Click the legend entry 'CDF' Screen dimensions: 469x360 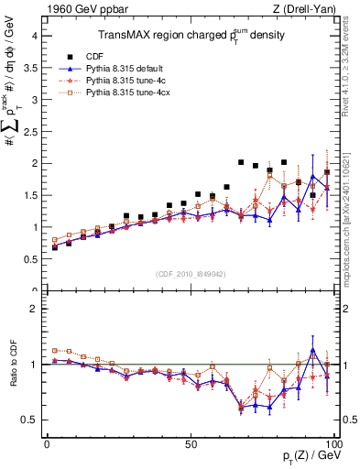(108, 55)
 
